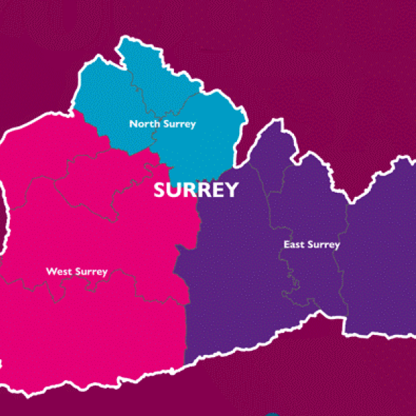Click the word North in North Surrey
click(144, 124)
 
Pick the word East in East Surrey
click(294, 245)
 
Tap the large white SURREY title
click(196, 190)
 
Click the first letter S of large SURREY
click(160, 190)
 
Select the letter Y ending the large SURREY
click(231, 190)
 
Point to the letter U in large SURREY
click(174, 190)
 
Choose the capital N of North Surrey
click(132, 124)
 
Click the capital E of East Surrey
click(286, 245)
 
